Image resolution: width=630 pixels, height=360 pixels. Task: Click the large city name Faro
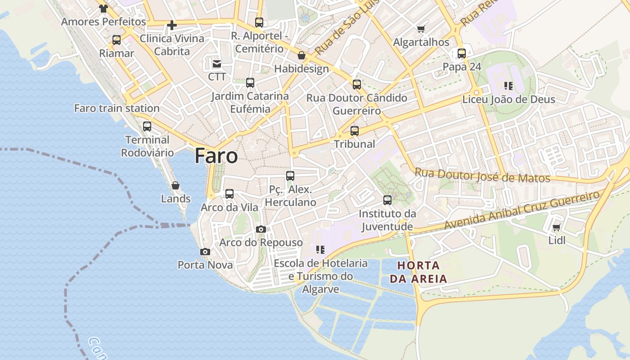click(216, 156)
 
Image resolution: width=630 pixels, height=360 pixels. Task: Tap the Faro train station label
click(117, 108)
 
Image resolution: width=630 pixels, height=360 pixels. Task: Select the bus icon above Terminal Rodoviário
click(147, 126)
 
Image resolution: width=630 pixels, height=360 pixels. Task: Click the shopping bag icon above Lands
click(175, 185)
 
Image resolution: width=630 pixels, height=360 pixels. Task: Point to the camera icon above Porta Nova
click(205, 252)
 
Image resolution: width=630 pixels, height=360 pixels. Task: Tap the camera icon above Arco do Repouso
click(261, 229)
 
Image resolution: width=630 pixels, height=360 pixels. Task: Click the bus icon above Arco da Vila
click(229, 194)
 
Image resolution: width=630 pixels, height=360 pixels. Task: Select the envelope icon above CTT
click(217, 63)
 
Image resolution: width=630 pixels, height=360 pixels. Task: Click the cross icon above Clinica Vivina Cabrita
click(172, 25)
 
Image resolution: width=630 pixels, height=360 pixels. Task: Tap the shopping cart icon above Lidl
click(556, 228)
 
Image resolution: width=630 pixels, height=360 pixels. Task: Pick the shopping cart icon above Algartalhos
click(421, 29)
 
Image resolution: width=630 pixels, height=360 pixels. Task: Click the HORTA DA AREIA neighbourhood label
click(418, 272)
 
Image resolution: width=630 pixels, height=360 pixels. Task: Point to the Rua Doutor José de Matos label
click(482, 175)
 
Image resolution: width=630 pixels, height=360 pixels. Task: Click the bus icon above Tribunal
click(355, 131)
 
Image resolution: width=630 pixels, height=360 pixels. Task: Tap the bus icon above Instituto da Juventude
click(387, 200)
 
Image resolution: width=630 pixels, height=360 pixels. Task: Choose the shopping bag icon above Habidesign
click(301, 56)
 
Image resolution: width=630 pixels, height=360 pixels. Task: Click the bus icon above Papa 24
click(462, 54)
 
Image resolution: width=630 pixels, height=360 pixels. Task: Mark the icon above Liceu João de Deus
click(508, 86)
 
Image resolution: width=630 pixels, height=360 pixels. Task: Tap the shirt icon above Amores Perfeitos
click(103, 8)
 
